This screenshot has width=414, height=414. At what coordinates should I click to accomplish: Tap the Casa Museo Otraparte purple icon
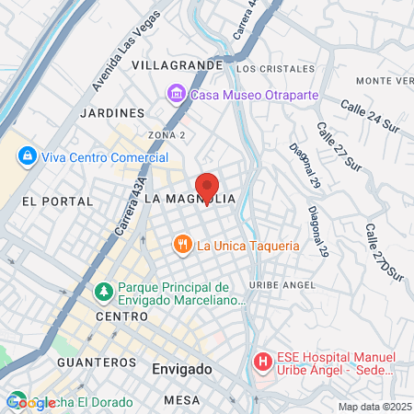click(x=175, y=93)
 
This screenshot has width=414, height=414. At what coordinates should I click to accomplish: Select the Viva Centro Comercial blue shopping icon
click(x=27, y=155)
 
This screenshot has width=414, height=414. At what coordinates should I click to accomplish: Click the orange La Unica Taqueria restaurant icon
click(x=183, y=245)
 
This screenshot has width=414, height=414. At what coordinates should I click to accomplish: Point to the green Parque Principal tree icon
click(x=104, y=293)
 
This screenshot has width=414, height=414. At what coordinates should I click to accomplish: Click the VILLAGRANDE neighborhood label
click(x=177, y=66)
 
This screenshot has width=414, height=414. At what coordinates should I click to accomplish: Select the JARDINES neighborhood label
click(x=113, y=112)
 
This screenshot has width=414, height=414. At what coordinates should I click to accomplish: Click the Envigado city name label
click(x=181, y=369)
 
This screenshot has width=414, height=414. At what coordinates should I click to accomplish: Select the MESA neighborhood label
click(x=181, y=400)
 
